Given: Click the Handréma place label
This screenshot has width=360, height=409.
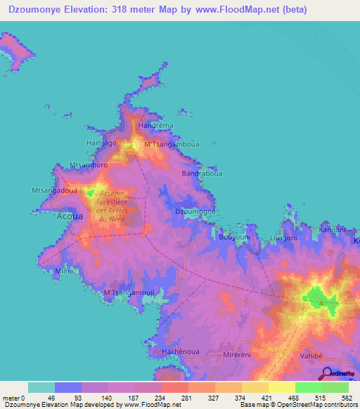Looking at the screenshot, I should click(156, 126).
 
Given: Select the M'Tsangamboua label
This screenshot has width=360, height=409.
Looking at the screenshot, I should click(171, 144).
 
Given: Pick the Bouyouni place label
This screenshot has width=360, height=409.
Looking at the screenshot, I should click(235, 238).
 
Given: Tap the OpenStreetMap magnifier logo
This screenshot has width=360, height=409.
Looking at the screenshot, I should click(326, 375).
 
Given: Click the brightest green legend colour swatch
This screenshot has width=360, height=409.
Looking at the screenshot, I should click(309, 387).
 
